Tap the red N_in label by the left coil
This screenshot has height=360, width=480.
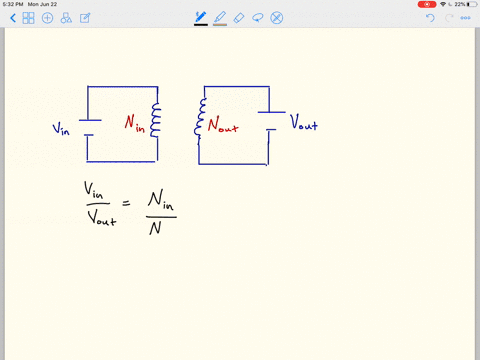coord(136,122)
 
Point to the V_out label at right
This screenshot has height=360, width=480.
coord(305,124)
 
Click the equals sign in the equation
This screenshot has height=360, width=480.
coord(126,203)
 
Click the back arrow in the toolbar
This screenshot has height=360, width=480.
coord(11,17)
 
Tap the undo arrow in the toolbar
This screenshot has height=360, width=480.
coord(430,17)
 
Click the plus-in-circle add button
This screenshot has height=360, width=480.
coord(47,17)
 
